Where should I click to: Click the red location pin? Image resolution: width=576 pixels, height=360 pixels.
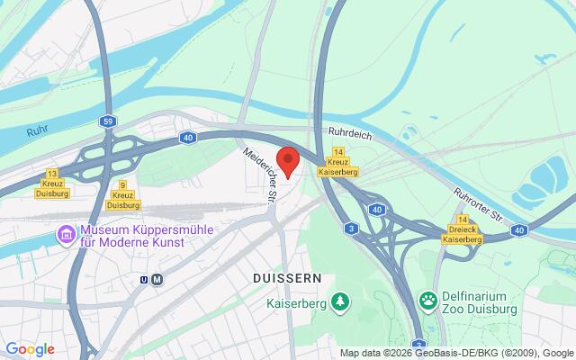point(287,161)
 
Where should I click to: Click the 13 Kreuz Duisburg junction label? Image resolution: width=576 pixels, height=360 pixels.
point(52,182)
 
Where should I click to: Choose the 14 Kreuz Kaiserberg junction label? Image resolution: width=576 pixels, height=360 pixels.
point(338,162)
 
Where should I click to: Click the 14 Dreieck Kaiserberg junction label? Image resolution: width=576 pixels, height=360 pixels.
point(463,230)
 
